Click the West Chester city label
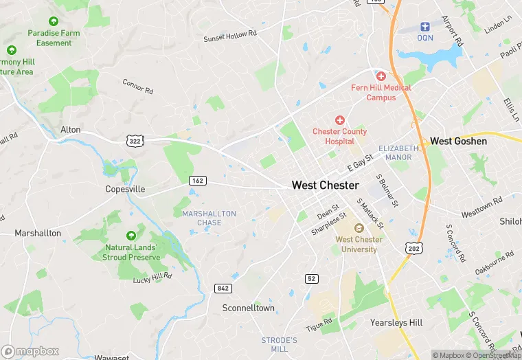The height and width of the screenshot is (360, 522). coord(325,185)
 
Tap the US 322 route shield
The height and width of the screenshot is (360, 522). coord(134,140)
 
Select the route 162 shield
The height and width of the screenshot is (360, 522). coord(198,180)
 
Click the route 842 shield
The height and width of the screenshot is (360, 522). coord(223,289)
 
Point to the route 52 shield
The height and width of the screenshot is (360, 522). coord(312,278)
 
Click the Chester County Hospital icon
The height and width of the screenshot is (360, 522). coord(339,120)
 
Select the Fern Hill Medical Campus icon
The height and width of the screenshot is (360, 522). coord(381,76)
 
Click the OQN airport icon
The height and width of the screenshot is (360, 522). coord(425,27)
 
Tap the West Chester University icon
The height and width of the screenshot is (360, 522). coord(356,228)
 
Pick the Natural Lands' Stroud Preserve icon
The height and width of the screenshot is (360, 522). coord(131,236)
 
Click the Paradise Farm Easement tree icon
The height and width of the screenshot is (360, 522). coord(54,21)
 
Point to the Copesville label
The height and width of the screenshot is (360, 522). coord(125,189)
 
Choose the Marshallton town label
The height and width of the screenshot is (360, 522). coord(38,234)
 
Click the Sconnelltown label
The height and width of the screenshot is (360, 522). coord(248,308)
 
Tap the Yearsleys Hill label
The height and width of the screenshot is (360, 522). coord(396,322)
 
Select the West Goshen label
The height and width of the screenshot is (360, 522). coord(458,142)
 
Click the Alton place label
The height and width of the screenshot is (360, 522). coord(71,130)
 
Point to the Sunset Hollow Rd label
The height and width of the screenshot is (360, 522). coord(229,36)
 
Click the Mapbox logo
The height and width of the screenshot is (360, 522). coord(30,351)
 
